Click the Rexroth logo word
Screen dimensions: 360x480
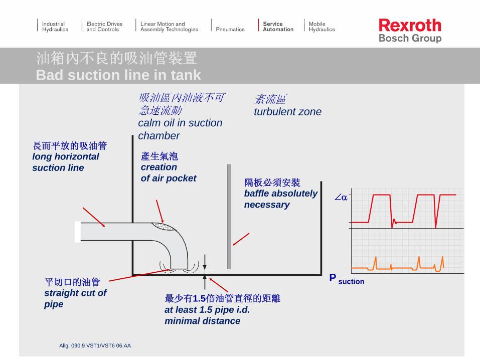(410, 25)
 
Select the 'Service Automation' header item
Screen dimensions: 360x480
(278, 27)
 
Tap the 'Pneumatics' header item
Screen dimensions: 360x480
(230, 30)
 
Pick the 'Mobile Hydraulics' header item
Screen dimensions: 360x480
(322, 27)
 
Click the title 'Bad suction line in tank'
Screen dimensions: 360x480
(118, 75)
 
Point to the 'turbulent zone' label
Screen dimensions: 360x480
(287, 112)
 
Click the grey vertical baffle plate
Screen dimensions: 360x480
(229, 217)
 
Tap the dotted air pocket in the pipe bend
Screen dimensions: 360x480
(164, 227)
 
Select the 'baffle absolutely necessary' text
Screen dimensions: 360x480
(280, 199)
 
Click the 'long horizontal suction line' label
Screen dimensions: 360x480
(65, 162)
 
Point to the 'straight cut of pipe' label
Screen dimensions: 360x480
(75, 298)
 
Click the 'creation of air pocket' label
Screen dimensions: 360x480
(168, 172)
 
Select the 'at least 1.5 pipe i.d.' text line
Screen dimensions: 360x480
(207, 310)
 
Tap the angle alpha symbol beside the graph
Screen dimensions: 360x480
(341, 198)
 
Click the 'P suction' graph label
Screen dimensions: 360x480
(347, 279)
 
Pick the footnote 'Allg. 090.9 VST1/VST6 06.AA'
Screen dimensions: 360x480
(95, 345)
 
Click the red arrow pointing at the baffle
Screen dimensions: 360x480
(241, 239)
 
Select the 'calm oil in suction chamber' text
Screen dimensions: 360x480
(180, 129)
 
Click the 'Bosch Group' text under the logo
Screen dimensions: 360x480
(410, 39)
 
